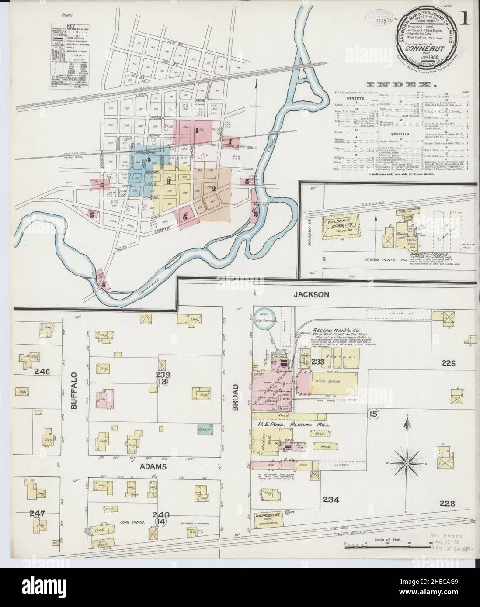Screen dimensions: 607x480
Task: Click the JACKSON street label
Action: tap(311, 295)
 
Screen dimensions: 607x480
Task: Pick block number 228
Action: tap(445, 504)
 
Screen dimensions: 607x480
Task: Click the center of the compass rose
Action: tap(407, 462)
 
